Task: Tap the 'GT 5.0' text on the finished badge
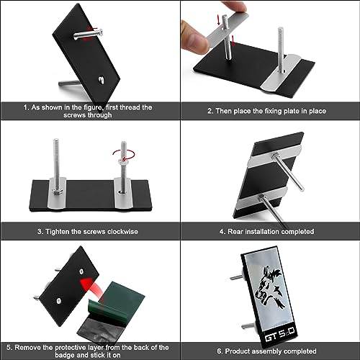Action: point(279,335)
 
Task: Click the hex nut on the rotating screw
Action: point(122,162)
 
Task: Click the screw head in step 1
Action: point(101,32)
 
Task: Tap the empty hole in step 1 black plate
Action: point(102,80)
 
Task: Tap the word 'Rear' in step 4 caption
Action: point(235,232)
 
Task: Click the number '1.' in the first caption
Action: point(27,107)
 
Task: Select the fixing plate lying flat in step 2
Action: point(282,73)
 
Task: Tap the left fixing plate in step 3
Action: point(57,193)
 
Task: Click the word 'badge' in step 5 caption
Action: point(64,355)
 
